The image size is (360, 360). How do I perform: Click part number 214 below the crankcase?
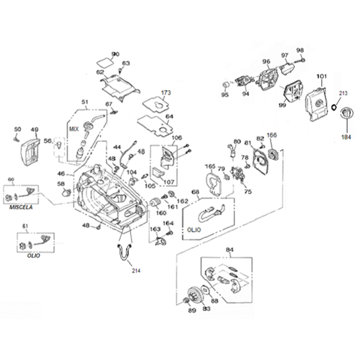point(136,270)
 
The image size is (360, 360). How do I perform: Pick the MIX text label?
point(74,129)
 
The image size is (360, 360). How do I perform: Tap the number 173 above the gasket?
point(166,93)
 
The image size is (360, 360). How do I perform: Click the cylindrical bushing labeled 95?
point(225,85)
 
